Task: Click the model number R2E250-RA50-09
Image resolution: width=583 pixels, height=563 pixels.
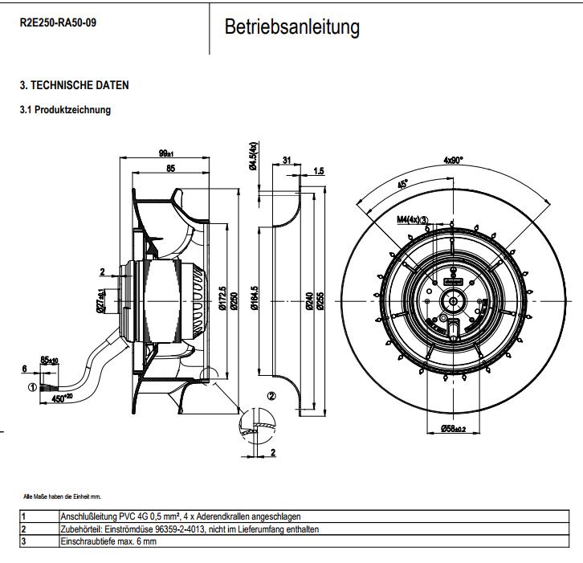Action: [59, 22]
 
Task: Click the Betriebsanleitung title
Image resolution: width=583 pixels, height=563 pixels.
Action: [291, 27]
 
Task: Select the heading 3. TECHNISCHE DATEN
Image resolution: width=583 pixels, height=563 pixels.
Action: [74, 85]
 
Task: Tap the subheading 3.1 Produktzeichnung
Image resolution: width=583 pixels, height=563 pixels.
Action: [65, 110]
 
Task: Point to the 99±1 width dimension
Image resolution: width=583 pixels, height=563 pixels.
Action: [166, 153]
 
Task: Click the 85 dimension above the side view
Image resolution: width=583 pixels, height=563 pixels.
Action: [170, 169]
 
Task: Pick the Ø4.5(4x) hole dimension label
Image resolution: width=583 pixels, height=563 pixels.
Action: [252, 155]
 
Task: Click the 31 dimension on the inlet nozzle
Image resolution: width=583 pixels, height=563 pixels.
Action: [287, 161]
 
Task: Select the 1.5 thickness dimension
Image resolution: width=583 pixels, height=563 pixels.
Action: [319, 170]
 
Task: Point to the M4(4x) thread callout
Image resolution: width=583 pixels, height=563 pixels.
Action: [412, 218]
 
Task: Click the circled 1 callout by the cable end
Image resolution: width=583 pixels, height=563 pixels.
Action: [32, 387]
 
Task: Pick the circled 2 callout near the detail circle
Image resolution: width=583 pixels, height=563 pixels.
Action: [271, 395]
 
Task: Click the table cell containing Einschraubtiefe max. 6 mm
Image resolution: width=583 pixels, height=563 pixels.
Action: [108, 542]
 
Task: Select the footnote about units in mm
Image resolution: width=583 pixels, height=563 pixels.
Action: [63, 496]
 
